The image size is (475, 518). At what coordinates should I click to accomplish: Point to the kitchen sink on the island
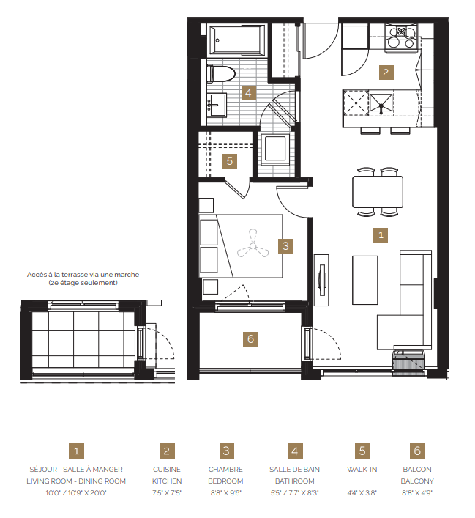(381, 104)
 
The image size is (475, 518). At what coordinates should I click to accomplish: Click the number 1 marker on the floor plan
(379, 235)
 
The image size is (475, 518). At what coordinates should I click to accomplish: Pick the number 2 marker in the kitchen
(385, 72)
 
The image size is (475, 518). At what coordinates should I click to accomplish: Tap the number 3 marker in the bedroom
(288, 246)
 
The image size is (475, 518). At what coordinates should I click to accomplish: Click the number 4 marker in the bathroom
(248, 93)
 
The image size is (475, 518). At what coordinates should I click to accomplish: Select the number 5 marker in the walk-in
(230, 160)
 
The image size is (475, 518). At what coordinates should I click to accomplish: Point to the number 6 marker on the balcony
(250, 339)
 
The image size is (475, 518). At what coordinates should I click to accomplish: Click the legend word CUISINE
(167, 470)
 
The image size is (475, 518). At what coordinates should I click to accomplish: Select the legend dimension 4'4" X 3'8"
(362, 492)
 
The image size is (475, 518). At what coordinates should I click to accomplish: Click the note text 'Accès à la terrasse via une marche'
(83, 275)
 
